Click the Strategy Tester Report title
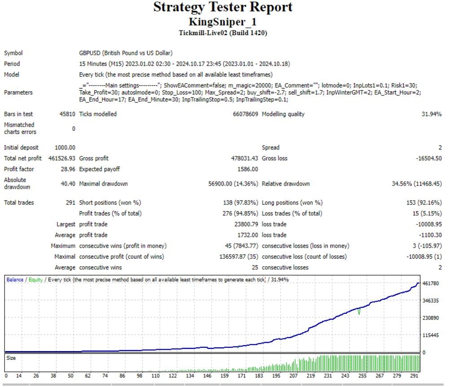point(223,7)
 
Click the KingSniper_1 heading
point(223,22)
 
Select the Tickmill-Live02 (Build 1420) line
point(223,32)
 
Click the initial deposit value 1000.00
point(65,147)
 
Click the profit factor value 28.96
point(67,169)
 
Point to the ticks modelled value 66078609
point(243,114)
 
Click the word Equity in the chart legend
point(35,280)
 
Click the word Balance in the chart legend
point(15,280)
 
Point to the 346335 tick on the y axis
point(431,300)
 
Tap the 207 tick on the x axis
point(293,376)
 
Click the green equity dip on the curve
point(359,311)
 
